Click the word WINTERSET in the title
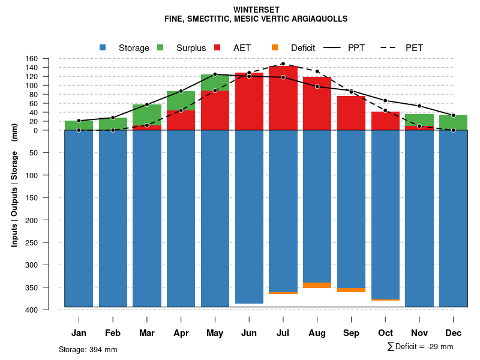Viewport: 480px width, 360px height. [x=256, y=10]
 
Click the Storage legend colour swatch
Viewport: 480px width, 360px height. [x=103, y=47]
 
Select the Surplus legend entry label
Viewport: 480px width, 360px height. [x=191, y=48]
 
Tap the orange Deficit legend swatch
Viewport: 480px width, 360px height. [x=275, y=47]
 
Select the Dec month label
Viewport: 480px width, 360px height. [x=454, y=333]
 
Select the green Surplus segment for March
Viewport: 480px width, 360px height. [x=147, y=115]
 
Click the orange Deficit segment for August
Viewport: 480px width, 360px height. [x=317, y=285]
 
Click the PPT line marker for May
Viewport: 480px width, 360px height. [x=215, y=74]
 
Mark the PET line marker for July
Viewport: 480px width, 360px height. [x=283, y=64]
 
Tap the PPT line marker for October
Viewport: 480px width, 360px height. [x=385, y=100]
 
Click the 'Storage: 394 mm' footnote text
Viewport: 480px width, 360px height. [x=88, y=349]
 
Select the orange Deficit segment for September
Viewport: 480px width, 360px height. [x=351, y=290]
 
